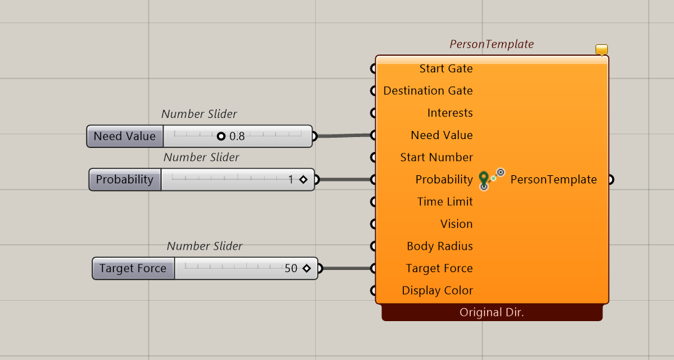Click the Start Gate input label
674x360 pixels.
pyautogui.click(x=445, y=69)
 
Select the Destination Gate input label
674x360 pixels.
pyautogui.click(x=428, y=91)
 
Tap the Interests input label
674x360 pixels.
pyautogui.click(x=450, y=113)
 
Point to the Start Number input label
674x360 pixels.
pyautogui.click(x=437, y=157)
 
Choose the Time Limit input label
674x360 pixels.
pyautogui.click(x=445, y=202)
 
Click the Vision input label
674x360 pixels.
pyautogui.click(x=456, y=224)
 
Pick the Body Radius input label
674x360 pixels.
pyautogui.click(x=440, y=246)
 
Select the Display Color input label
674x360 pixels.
pyautogui.click(x=437, y=290)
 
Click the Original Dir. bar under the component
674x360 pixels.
pyautogui.click(x=492, y=312)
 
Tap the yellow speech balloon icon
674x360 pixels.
pyautogui.click(x=602, y=49)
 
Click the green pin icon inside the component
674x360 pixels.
pyautogui.click(x=484, y=179)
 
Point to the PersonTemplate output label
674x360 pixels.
pyautogui.click(x=554, y=179)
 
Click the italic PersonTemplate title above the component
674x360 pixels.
pyautogui.click(x=492, y=44)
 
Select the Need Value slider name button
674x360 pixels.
pyautogui.click(x=125, y=136)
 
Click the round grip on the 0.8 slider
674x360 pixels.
pyautogui.click(x=221, y=136)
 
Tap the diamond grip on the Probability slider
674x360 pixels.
pyautogui.click(x=304, y=179)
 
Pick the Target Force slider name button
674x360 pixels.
pyautogui.click(x=133, y=269)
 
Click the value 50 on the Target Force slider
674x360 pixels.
pyautogui.click(x=291, y=269)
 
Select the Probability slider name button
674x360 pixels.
pyautogui.click(x=125, y=179)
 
